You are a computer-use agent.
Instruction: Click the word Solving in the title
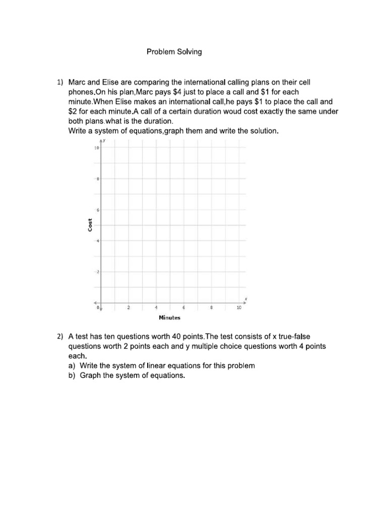pyautogui.click(x=188, y=52)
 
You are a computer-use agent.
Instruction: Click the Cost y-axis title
pyautogui.click(x=90, y=225)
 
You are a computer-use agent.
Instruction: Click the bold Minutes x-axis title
pyautogui.click(x=169, y=317)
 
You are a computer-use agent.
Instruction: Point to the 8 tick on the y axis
pyautogui.click(x=98, y=179)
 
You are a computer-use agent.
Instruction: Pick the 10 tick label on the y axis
pyautogui.click(x=96, y=148)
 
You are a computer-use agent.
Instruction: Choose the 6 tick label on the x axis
pyautogui.click(x=184, y=307)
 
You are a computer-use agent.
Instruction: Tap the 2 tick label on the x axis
pyautogui.click(x=128, y=307)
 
